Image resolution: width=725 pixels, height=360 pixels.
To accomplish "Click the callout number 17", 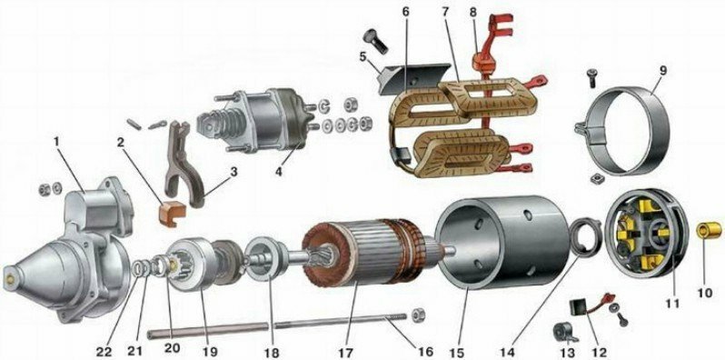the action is [x=345, y=351].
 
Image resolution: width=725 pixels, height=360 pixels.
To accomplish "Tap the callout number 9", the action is [x=663, y=72].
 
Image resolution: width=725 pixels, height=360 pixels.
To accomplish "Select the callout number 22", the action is [x=104, y=351].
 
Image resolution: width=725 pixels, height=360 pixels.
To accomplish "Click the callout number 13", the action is [x=568, y=353].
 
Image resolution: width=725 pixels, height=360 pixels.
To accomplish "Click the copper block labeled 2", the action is [x=172, y=214].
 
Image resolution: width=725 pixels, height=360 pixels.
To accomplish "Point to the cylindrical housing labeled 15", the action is [x=504, y=243].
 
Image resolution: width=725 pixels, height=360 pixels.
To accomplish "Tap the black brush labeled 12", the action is [x=578, y=306].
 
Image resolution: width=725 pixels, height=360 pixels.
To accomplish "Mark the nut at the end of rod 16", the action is [x=418, y=315].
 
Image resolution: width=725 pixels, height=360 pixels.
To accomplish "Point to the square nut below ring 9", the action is [x=596, y=178].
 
